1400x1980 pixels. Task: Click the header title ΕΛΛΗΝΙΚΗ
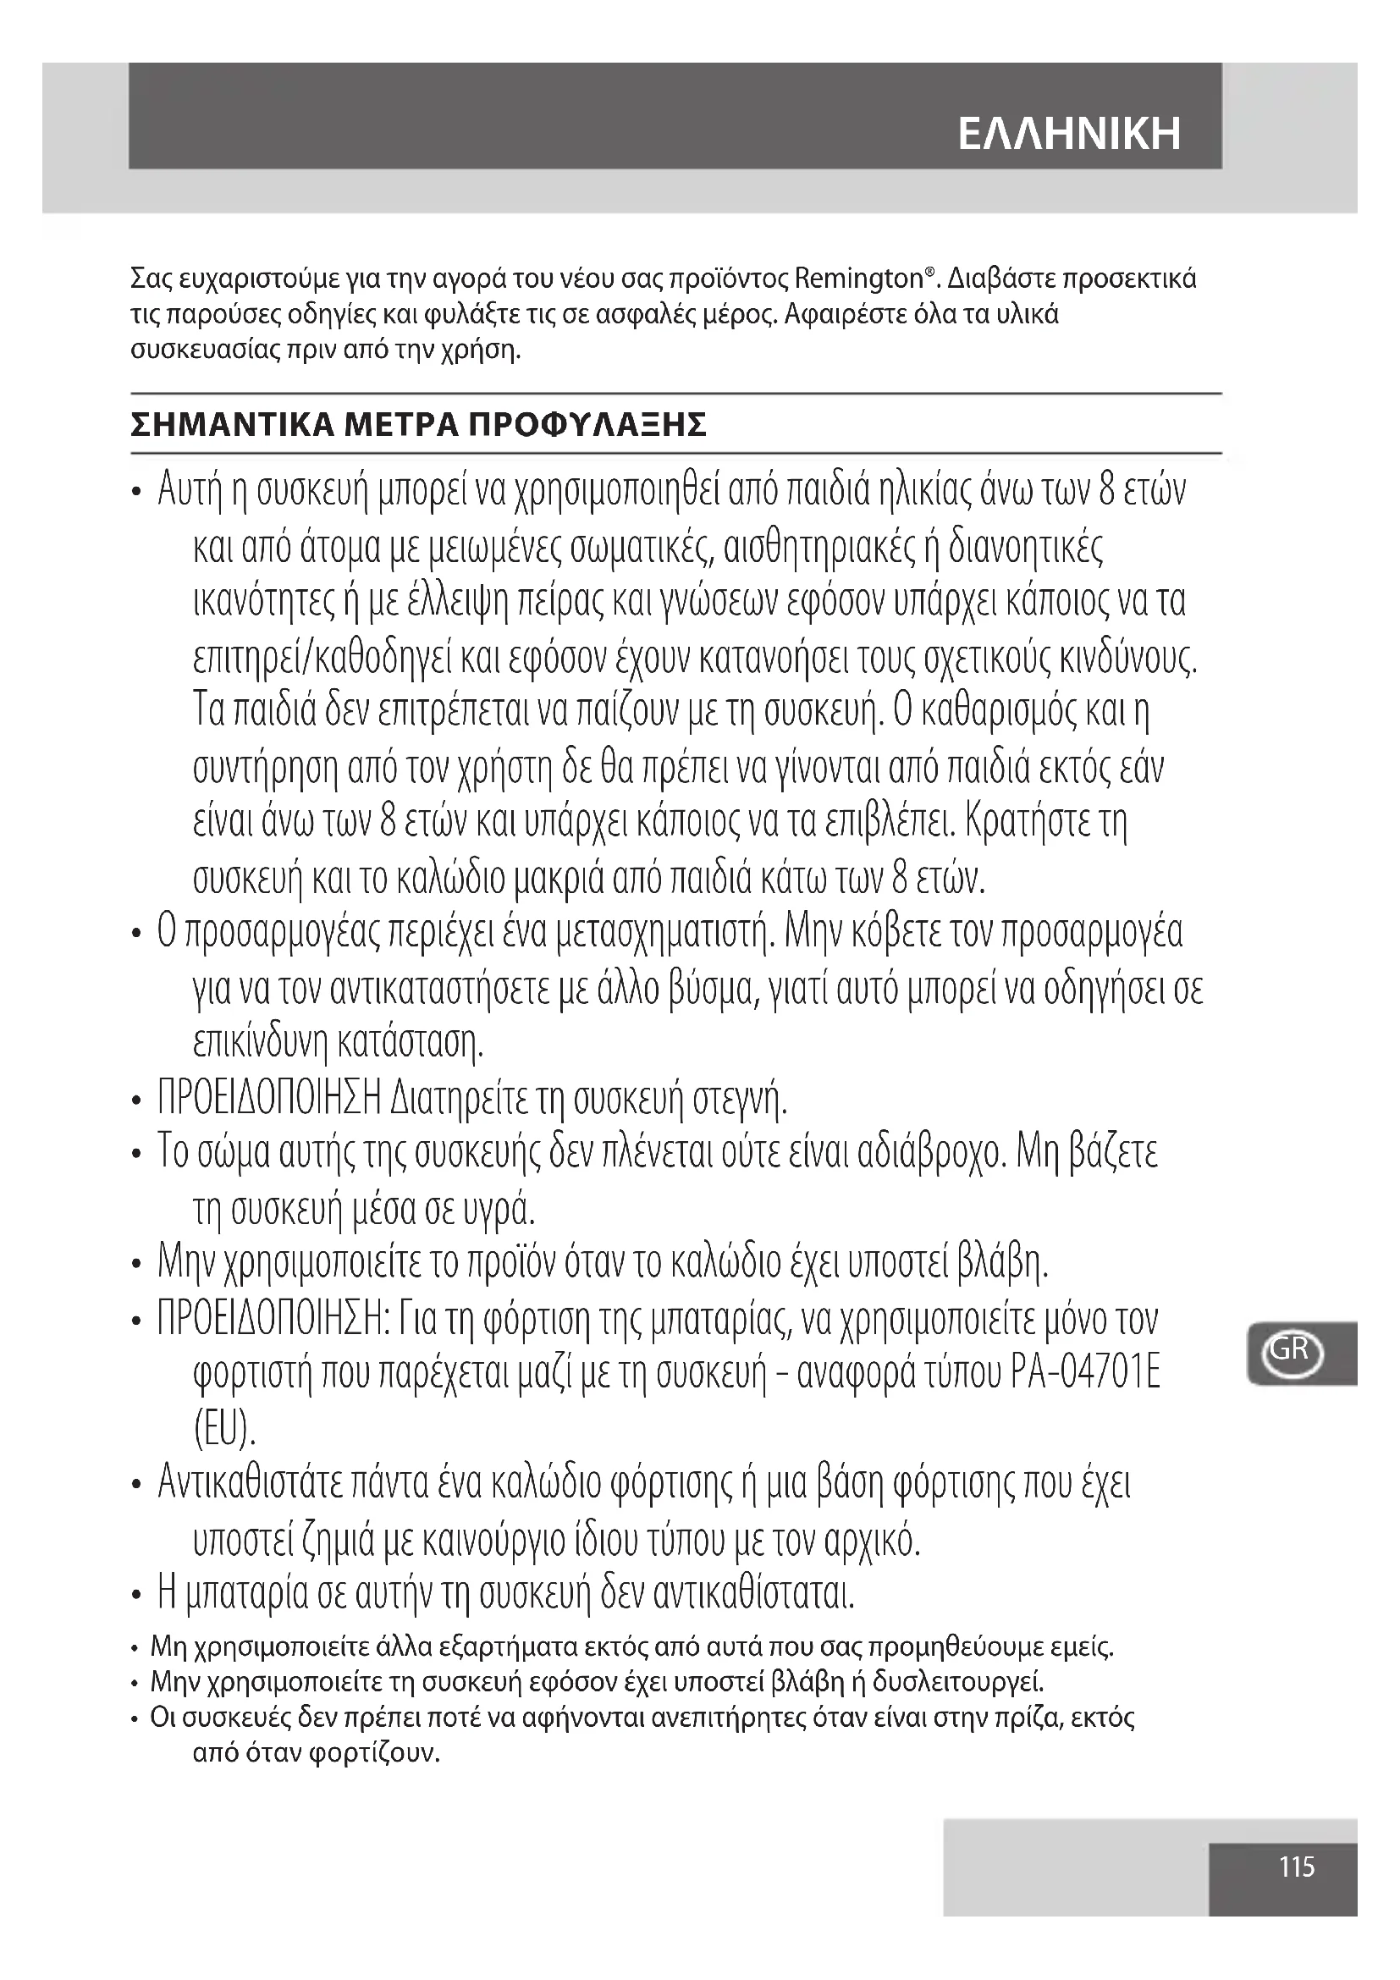tap(1069, 135)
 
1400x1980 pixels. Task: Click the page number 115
tap(1297, 1867)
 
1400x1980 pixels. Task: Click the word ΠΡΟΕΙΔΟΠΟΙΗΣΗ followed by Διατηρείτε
tap(269, 1099)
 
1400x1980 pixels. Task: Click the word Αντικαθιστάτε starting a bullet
tap(249, 1483)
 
